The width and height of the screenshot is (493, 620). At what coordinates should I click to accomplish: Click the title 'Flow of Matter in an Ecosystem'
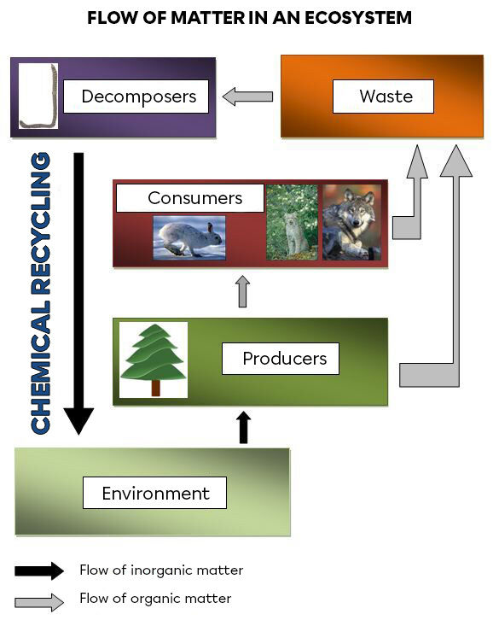(249, 18)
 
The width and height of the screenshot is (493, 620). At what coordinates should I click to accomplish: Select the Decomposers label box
(138, 97)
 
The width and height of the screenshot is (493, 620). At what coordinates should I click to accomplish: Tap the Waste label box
(383, 97)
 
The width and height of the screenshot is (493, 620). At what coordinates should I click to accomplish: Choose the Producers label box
(280, 358)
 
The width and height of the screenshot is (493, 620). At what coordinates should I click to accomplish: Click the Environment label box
(154, 493)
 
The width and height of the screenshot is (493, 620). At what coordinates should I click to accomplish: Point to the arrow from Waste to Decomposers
(247, 97)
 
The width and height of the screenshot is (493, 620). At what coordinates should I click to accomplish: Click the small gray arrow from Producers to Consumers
(243, 291)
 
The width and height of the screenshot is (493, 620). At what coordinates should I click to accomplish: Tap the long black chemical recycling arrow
(79, 290)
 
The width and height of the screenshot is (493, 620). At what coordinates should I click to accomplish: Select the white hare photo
(189, 237)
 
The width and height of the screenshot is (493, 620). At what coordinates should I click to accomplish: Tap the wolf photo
(351, 222)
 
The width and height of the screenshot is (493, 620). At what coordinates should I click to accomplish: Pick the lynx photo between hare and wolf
(292, 222)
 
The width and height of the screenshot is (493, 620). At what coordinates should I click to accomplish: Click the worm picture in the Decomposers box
(38, 97)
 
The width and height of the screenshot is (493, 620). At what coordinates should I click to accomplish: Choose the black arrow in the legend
(39, 570)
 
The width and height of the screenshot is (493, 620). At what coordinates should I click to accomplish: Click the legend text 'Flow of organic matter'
(154, 599)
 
